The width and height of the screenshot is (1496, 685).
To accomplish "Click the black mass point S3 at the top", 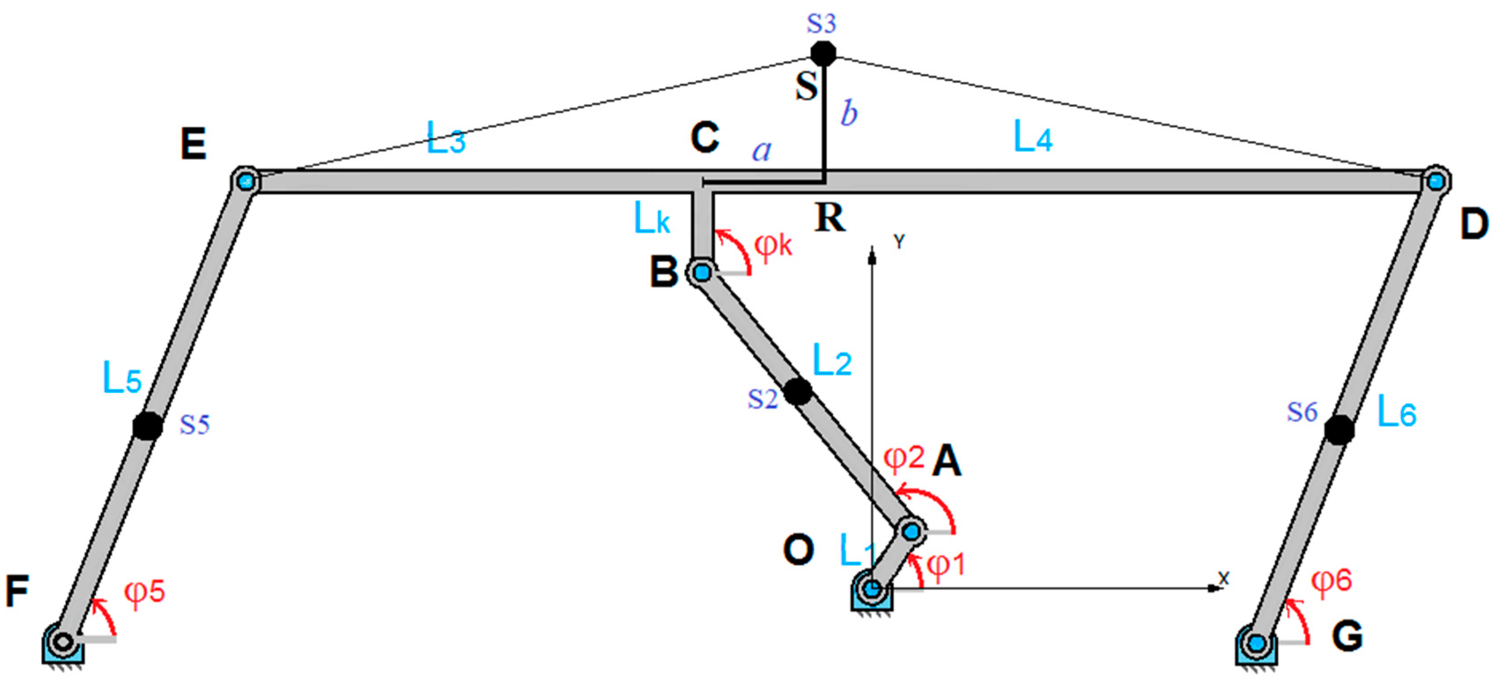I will coord(823,53).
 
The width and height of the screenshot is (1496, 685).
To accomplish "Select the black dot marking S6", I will coord(1339,430).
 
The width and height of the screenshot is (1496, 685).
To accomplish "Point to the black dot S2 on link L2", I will coord(798,391).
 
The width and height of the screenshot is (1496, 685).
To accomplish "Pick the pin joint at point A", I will coord(911,531).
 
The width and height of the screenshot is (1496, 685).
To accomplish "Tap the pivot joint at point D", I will coord(1436,180).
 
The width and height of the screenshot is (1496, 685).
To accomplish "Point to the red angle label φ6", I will coord(1331,581).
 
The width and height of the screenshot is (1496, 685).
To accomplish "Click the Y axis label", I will coord(899,242).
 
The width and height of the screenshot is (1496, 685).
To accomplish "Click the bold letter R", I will coord(830,218).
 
